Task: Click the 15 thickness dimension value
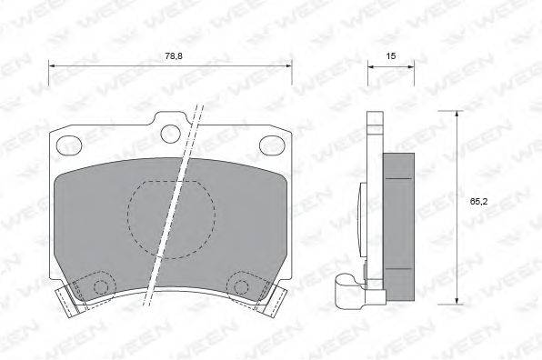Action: (391, 55)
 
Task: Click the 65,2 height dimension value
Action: (478, 202)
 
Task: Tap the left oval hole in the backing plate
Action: (69, 145)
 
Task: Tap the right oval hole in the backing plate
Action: (273, 145)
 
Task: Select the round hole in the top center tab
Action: (171, 134)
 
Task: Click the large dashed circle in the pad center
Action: (172, 220)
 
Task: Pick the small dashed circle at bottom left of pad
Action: (101, 286)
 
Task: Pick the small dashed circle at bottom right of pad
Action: (241, 286)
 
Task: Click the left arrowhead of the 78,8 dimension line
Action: (52, 65)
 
